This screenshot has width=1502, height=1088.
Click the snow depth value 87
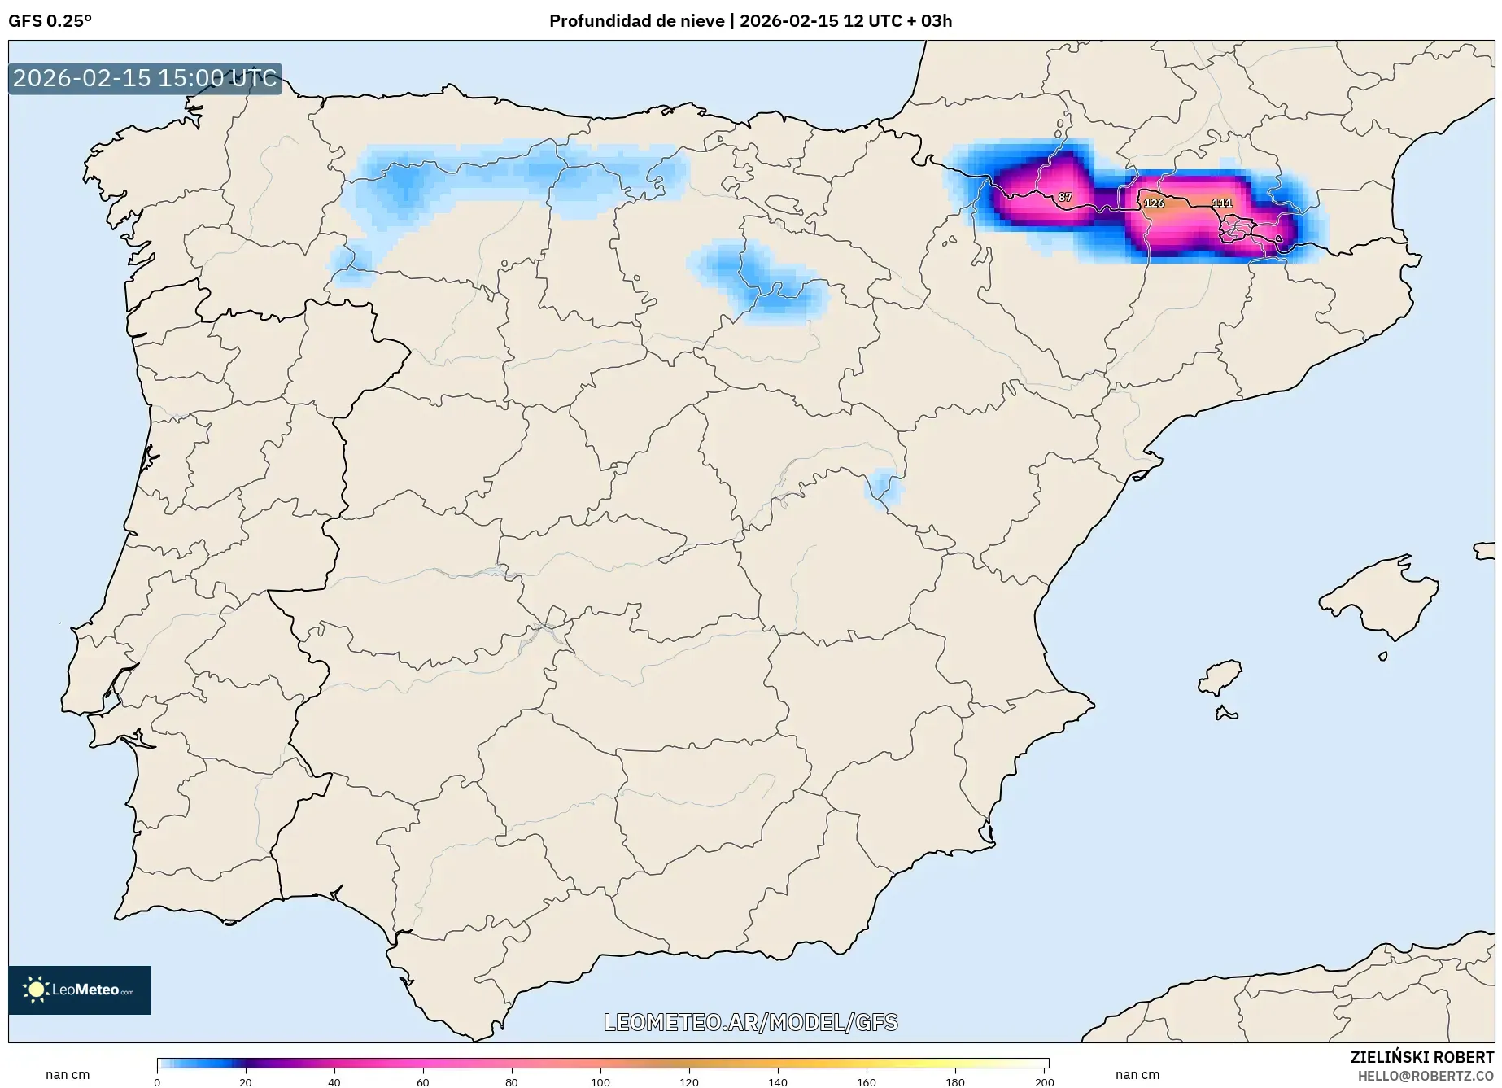[1065, 198]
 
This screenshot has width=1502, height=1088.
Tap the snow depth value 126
[1154, 203]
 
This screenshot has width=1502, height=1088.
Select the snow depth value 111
[1222, 203]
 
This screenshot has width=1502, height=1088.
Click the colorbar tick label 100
[600, 1082]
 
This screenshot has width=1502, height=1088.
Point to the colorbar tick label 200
[1045, 1082]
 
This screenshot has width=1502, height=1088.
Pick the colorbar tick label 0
[157, 1082]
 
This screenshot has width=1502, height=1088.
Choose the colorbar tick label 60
[423, 1082]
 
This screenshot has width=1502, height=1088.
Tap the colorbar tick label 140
[778, 1082]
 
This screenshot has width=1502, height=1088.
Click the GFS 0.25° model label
[50, 21]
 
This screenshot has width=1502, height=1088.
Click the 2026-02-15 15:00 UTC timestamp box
[145, 78]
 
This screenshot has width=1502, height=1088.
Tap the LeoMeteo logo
[80, 990]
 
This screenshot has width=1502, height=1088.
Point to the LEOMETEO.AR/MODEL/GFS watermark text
[750, 1022]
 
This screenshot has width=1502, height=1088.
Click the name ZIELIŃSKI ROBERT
[1422, 1058]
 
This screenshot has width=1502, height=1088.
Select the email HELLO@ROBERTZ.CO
[1426, 1076]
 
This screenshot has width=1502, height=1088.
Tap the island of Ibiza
[1220, 676]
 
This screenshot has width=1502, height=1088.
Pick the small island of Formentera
[1225, 714]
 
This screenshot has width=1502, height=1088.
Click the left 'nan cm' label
[68, 1074]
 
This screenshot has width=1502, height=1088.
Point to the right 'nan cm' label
[1137, 1074]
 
